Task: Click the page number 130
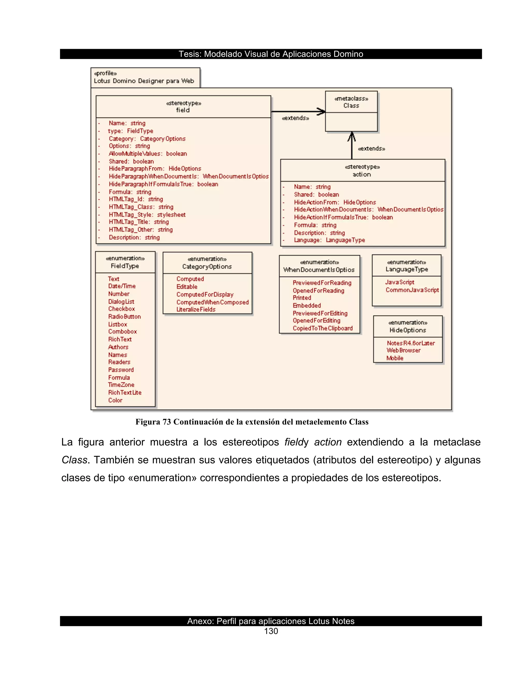tap(271, 631)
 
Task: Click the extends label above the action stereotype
tap(371, 148)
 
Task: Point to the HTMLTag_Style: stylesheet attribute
tap(147, 215)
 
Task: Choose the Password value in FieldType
tap(121, 370)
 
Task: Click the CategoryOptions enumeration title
tap(207, 267)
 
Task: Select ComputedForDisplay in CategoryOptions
tap(205, 294)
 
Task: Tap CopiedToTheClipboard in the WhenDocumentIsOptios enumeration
tap(322, 328)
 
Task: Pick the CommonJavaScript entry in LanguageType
tap(412, 290)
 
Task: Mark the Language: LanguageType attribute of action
tap(329, 240)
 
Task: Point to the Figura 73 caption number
tap(166, 422)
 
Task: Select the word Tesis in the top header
tap(190, 54)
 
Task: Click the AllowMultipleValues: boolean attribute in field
tap(148, 154)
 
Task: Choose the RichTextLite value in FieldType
tap(125, 393)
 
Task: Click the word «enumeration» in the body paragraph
tap(162, 478)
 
